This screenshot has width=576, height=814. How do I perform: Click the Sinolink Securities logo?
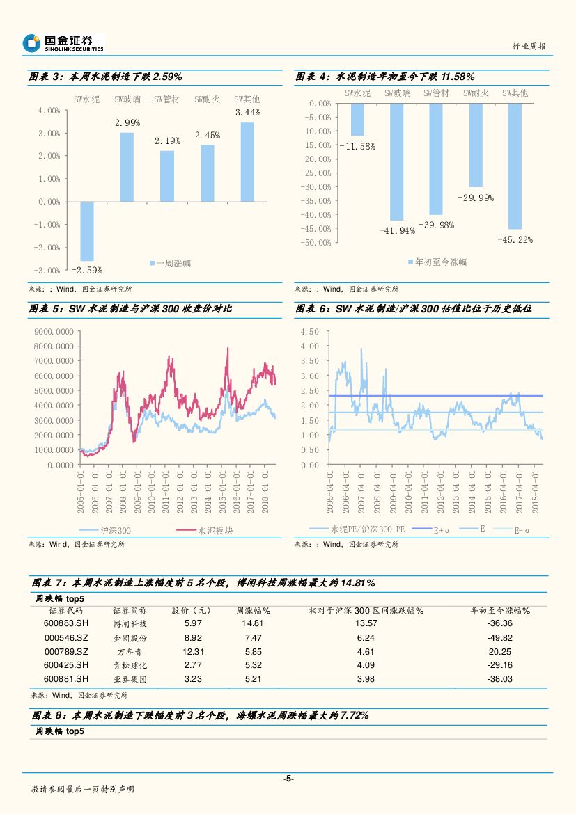click(63, 43)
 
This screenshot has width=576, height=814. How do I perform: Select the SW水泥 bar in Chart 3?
click(87, 231)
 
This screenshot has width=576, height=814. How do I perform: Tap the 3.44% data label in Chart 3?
click(247, 112)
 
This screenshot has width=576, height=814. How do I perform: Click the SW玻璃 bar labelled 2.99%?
click(127, 167)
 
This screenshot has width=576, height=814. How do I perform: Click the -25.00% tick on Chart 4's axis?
click(316, 173)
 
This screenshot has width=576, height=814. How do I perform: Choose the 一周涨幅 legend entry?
click(171, 263)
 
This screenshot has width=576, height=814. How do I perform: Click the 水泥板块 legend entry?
click(209, 530)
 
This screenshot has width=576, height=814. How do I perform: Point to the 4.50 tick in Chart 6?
click(309, 331)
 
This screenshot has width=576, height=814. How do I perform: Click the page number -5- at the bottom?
click(288, 779)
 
